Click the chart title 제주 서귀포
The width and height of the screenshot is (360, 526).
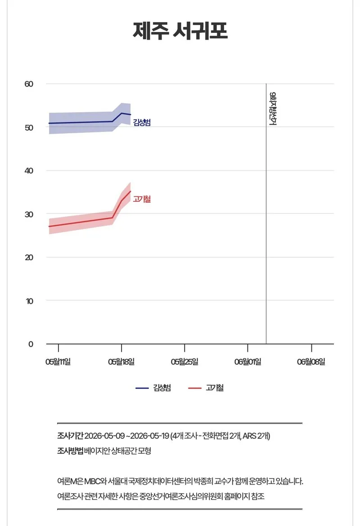(x=180, y=31)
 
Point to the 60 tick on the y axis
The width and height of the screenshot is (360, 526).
(x=29, y=84)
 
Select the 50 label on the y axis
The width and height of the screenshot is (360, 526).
(x=29, y=128)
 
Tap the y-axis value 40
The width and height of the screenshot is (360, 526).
(x=29, y=171)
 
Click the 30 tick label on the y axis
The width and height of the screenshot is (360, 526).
(x=29, y=214)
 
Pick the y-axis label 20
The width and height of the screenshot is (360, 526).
(x=29, y=257)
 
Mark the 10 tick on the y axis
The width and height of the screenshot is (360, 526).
(x=30, y=301)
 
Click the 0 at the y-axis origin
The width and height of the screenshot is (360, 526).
(x=31, y=344)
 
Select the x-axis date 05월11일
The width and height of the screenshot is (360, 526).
(x=58, y=362)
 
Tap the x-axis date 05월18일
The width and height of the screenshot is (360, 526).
(x=121, y=362)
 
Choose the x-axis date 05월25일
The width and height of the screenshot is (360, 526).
(x=184, y=362)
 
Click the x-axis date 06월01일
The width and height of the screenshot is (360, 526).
(x=247, y=362)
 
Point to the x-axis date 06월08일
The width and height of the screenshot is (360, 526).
(x=311, y=362)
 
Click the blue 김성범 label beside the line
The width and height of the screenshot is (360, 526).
(x=142, y=122)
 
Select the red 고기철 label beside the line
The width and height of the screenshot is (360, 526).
(x=142, y=199)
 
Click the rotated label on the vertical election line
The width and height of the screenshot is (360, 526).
(x=273, y=109)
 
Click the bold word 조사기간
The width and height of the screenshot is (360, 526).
(x=70, y=436)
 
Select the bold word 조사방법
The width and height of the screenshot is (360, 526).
(x=70, y=450)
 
